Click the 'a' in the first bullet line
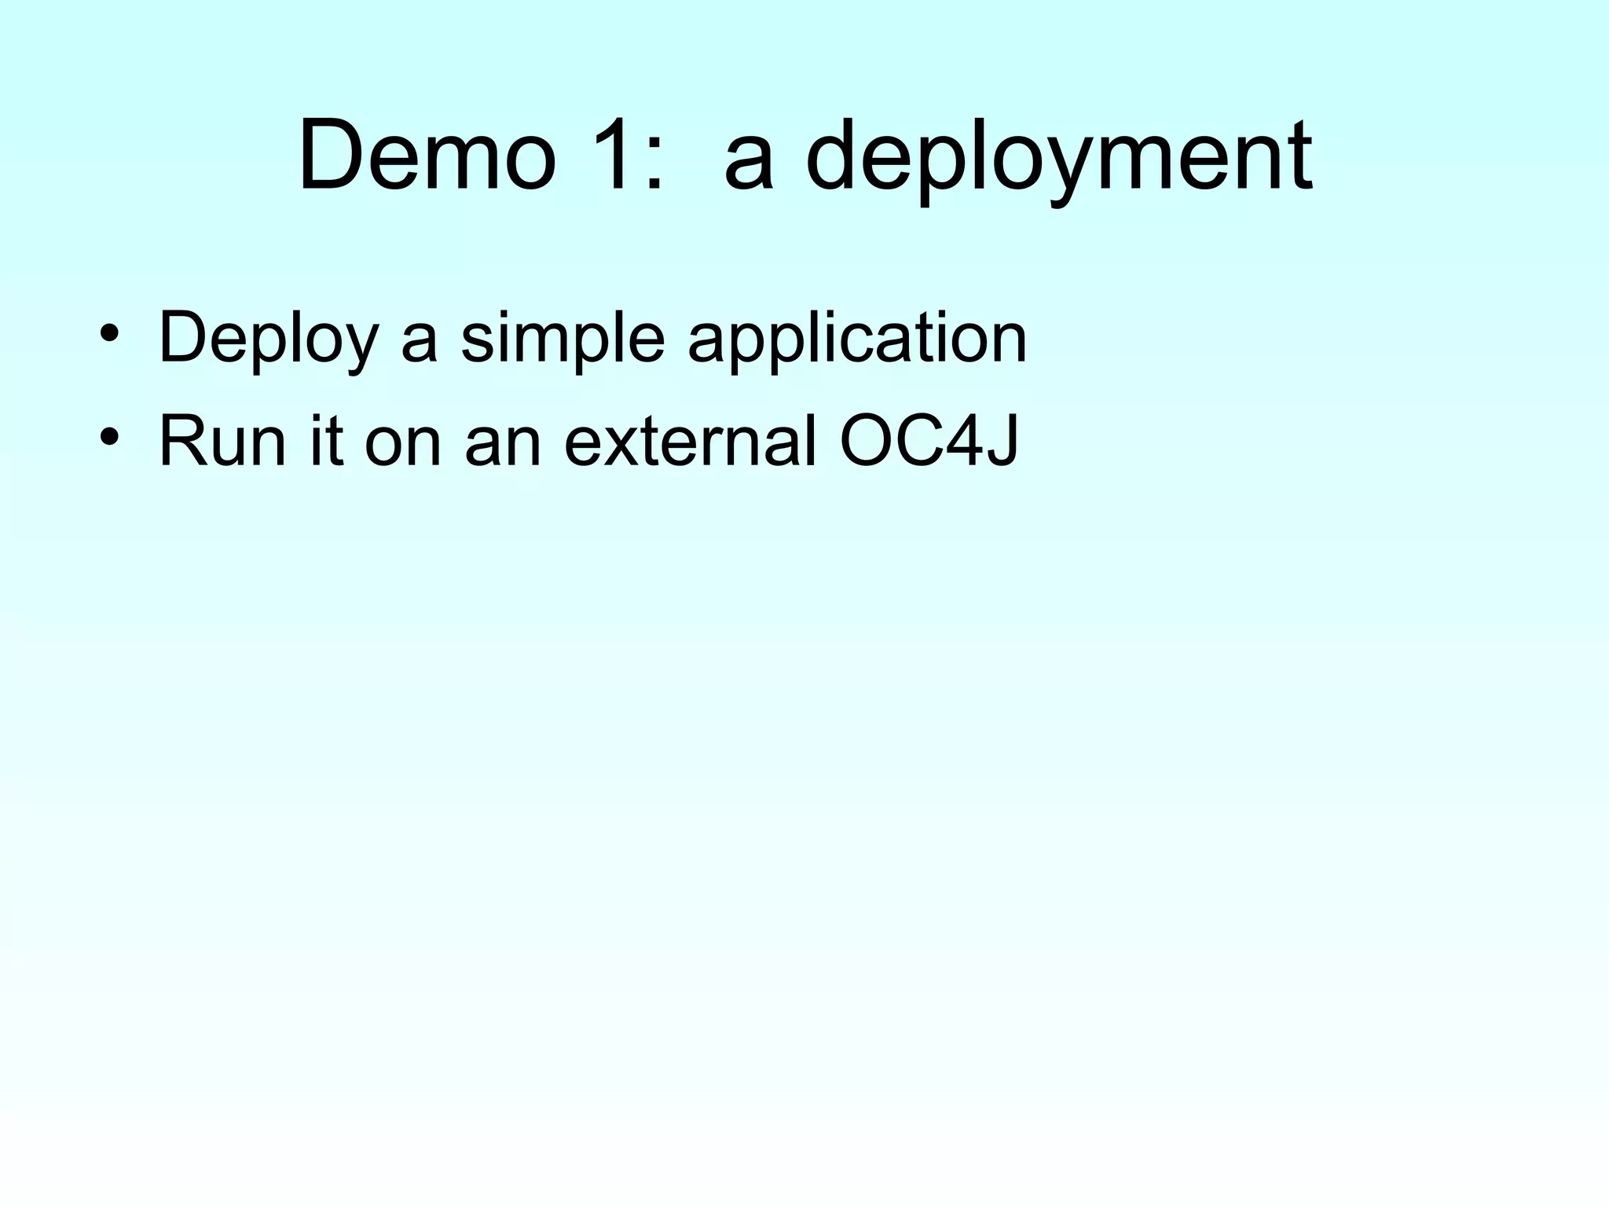(x=419, y=346)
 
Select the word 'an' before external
(x=503, y=448)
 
